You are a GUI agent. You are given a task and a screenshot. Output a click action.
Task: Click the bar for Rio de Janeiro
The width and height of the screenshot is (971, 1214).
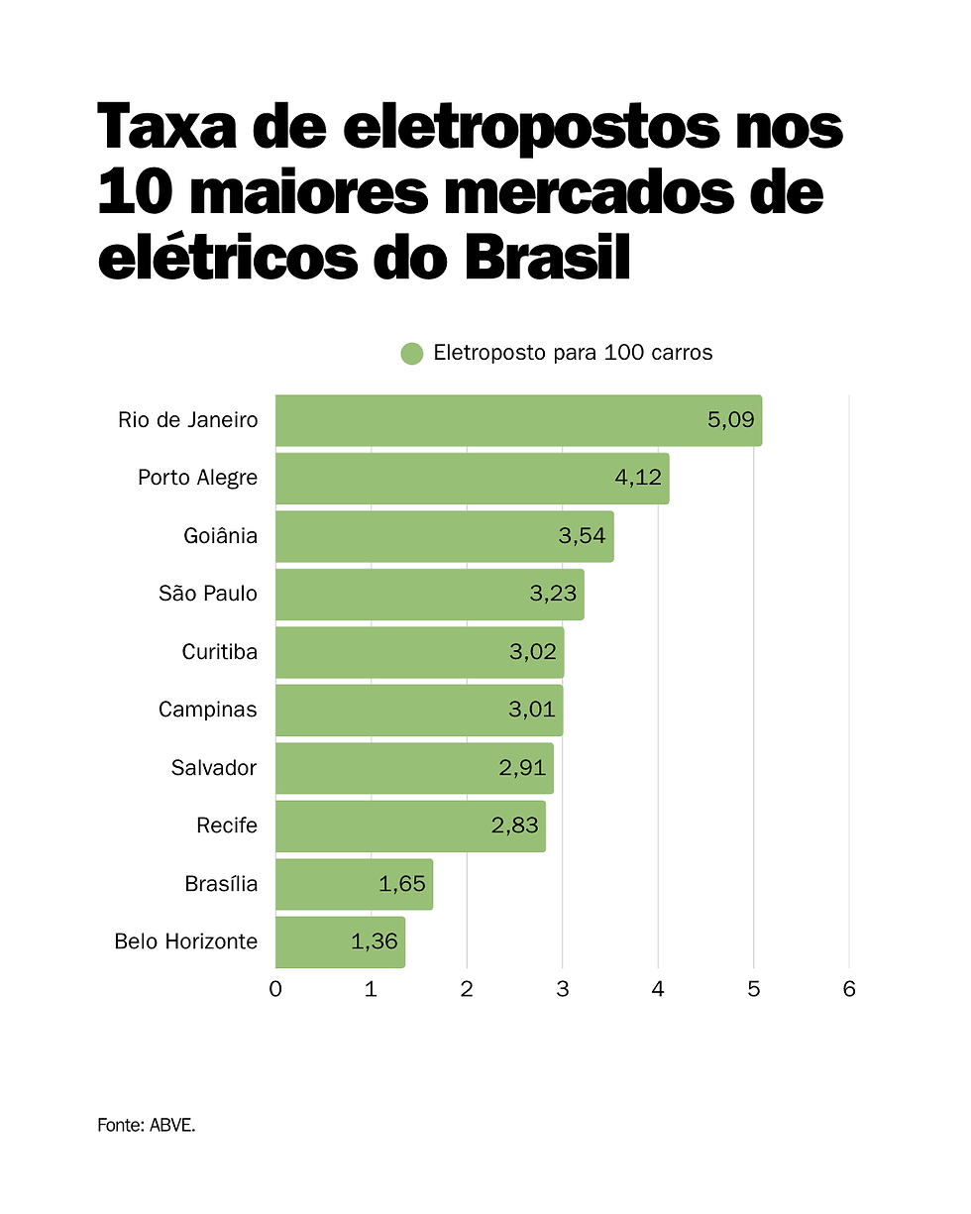[x=495, y=420]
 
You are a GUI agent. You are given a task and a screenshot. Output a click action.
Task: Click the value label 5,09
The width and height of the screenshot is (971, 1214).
[x=731, y=420]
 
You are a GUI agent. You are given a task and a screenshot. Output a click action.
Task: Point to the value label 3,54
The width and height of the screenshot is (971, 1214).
[x=583, y=536]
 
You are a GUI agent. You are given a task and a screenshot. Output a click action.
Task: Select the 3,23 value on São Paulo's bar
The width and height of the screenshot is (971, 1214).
[x=553, y=595]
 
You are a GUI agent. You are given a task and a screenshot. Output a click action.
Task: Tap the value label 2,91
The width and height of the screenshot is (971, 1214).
[x=522, y=768]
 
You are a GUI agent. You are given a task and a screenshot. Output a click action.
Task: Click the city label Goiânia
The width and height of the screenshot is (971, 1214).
[x=220, y=536]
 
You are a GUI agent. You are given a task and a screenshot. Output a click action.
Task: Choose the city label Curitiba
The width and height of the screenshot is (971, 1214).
[x=219, y=652]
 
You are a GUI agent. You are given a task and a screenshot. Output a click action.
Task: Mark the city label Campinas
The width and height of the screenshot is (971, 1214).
[x=207, y=710]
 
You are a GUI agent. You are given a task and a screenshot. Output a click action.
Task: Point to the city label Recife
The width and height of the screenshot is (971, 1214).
[x=227, y=826]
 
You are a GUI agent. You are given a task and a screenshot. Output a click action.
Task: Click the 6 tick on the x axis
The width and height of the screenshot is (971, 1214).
[x=849, y=989]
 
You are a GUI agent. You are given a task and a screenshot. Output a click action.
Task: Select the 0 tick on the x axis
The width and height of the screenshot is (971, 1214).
[x=275, y=989]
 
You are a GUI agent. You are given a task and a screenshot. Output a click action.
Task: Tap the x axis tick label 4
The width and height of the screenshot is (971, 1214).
[x=658, y=989]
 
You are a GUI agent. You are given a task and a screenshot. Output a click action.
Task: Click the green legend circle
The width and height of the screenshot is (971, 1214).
[x=412, y=354]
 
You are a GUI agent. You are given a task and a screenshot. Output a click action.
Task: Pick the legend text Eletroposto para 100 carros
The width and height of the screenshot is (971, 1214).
[x=573, y=354]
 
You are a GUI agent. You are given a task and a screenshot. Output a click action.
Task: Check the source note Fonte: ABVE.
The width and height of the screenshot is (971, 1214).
[x=147, y=1126]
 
